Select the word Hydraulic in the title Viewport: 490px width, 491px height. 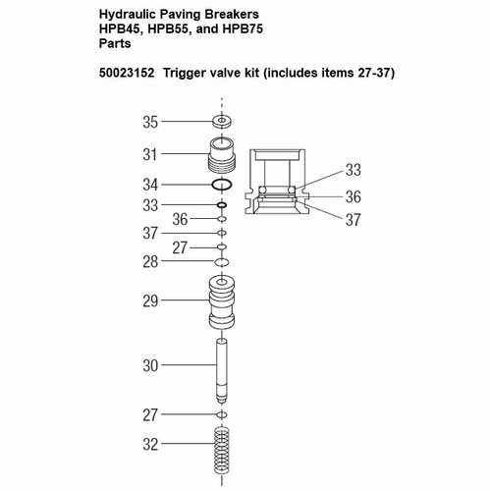129,16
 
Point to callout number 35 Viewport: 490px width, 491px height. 150,122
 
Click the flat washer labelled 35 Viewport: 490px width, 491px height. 223,122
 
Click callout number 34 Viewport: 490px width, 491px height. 150,185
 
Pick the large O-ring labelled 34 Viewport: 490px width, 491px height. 223,185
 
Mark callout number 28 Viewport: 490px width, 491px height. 150,263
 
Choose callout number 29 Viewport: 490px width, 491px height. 150,301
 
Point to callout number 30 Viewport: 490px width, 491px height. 150,365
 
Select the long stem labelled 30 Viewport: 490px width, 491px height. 223,368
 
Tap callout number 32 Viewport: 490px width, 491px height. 150,444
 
